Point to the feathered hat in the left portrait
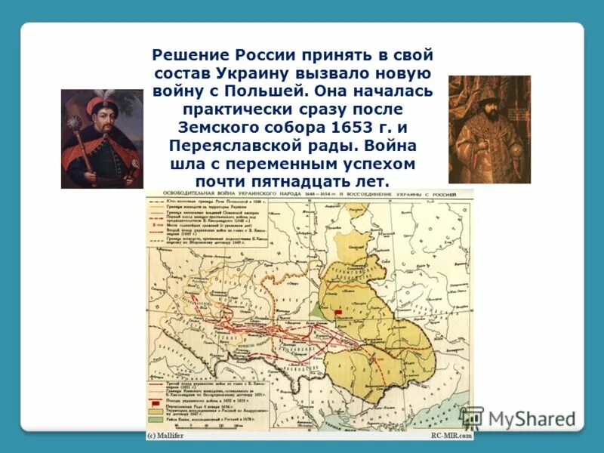click(x=106, y=102)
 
